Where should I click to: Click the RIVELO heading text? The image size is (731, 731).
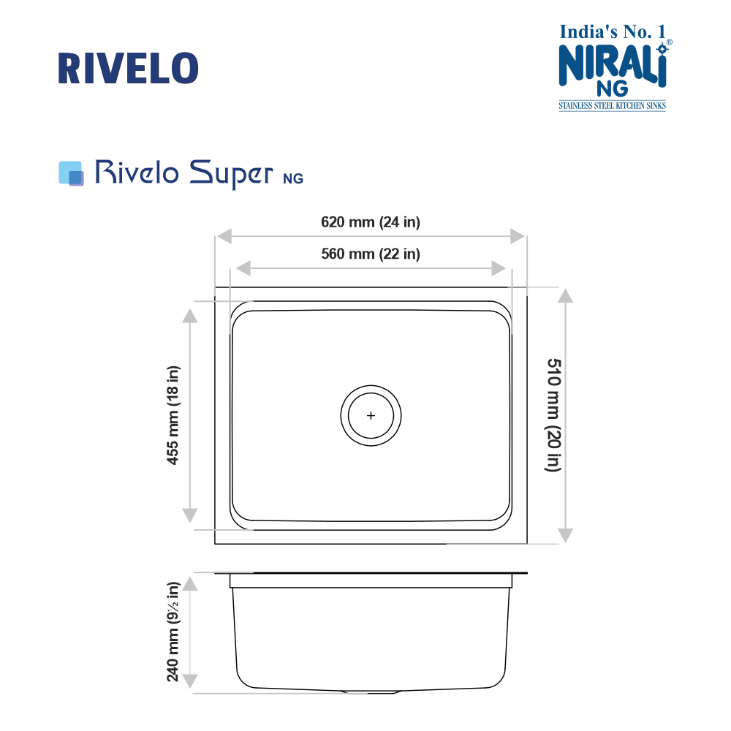click(x=128, y=68)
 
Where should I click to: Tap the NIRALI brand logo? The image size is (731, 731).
click(x=613, y=67)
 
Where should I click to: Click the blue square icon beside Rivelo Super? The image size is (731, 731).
click(x=70, y=173)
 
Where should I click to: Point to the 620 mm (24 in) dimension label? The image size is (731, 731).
click(x=371, y=222)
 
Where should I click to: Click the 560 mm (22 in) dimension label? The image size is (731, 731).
click(x=371, y=254)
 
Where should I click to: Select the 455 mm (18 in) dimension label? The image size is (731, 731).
click(x=173, y=415)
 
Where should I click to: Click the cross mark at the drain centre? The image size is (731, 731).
click(x=371, y=415)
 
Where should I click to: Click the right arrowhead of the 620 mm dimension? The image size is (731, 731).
click(x=518, y=237)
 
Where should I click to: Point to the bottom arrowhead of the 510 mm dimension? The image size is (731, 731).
click(x=566, y=535)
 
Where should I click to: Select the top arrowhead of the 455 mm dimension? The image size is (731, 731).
click(x=189, y=316)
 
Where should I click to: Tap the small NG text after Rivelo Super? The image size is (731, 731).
click(x=293, y=178)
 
